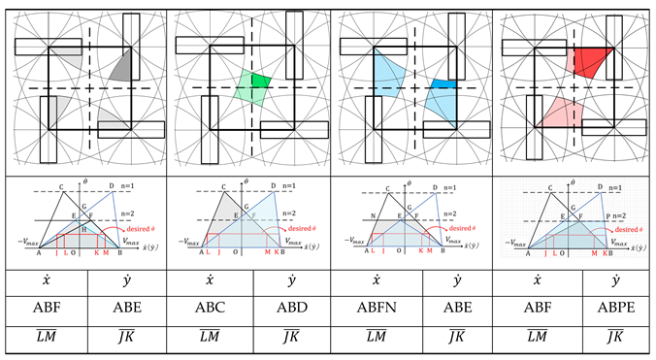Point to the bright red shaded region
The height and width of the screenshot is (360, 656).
(591, 60)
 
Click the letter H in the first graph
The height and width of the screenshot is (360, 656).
(84, 228)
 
